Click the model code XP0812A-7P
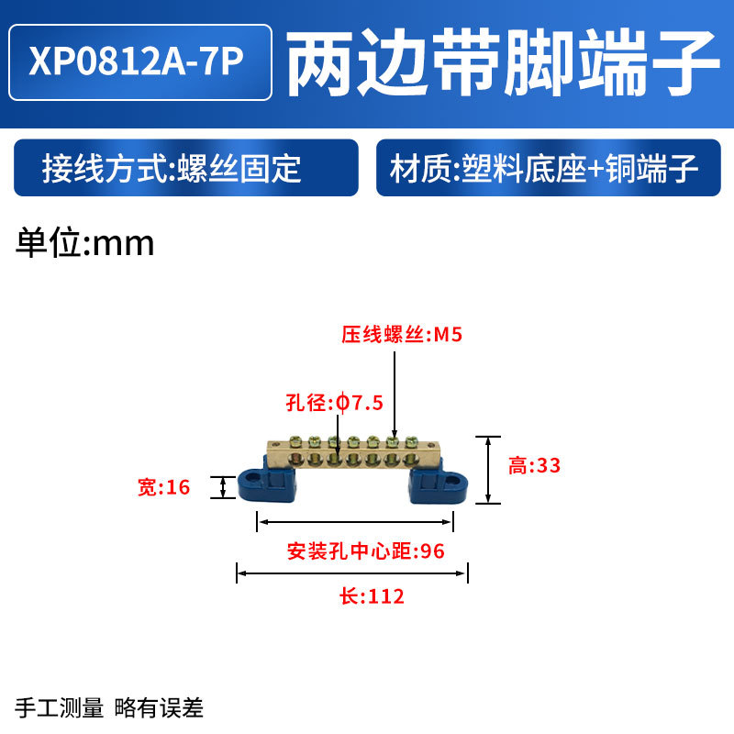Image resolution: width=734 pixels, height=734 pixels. (x=139, y=61)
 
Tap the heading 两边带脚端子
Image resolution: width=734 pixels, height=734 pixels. (x=503, y=61)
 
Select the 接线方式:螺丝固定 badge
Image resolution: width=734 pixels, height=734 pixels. (x=183, y=168)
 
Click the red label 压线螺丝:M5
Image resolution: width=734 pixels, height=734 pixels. (x=402, y=336)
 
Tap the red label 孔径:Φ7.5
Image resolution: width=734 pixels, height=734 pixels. (x=333, y=403)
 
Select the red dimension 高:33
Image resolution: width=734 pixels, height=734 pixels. (x=534, y=466)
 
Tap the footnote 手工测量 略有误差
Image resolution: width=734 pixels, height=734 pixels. (x=109, y=707)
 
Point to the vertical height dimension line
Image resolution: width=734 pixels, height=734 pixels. (x=487, y=469)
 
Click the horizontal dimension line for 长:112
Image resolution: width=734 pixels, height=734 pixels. (x=352, y=574)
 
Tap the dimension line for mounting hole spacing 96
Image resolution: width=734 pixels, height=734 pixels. (x=354, y=522)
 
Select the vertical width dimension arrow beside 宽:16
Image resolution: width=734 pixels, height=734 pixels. (x=221, y=487)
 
